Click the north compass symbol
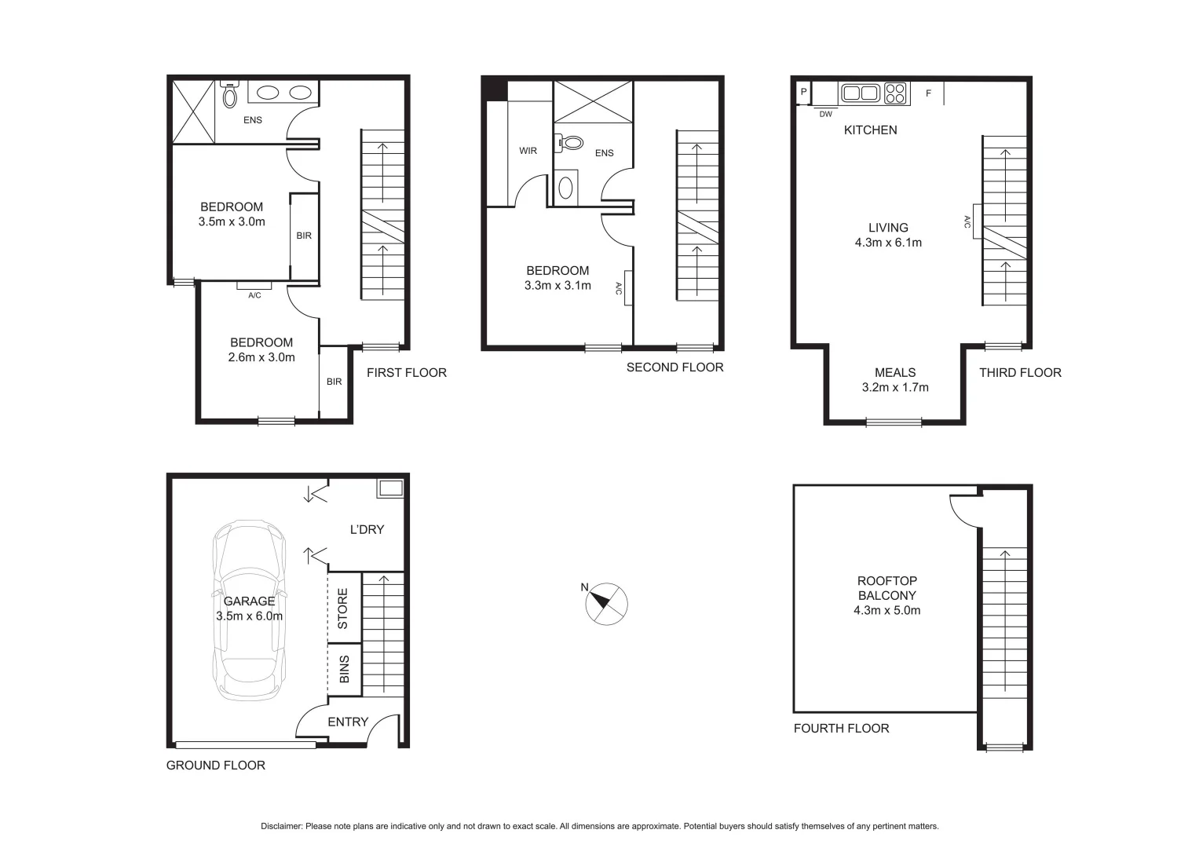pos(606,603)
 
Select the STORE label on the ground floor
pos(343,609)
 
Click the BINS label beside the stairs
pos(344,670)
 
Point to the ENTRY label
pos(348,722)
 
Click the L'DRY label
pos(367,529)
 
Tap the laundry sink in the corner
pos(390,488)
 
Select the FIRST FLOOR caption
pos(406,372)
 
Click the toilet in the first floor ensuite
pos(230,95)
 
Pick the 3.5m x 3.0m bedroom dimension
pos(232,221)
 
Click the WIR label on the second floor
pos(528,150)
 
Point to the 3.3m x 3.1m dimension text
pos(557,285)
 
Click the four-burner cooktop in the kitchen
pos(896,93)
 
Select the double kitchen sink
pos(860,93)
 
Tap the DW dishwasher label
pos(825,114)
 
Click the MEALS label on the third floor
pos(895,372)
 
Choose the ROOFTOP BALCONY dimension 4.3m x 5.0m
pos(887,610)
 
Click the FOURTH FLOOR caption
pos(841,728)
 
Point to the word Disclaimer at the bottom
pos(281,826)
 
